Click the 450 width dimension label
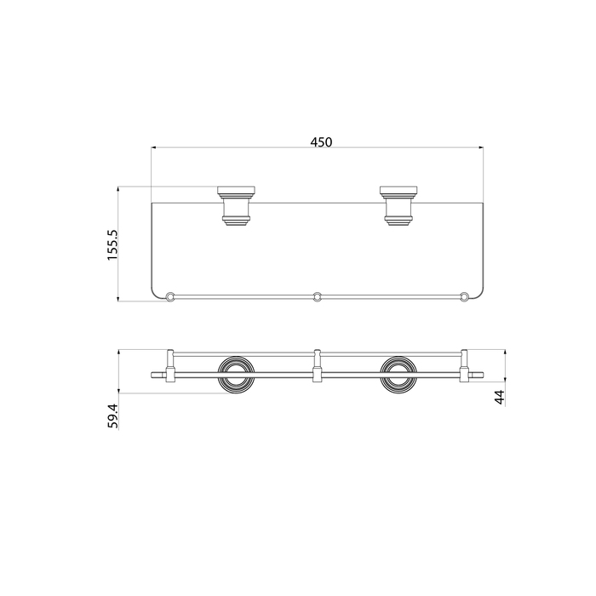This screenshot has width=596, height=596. tap(321, 142)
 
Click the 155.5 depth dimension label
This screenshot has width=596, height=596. tap(113, 245)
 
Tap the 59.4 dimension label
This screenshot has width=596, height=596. tap(113, 416)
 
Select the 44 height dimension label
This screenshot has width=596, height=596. tap(500, 398)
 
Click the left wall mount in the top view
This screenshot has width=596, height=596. tap(236, 206)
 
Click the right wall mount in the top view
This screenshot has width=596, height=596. tap(398, 206)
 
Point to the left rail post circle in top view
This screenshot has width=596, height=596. tap(170, 296)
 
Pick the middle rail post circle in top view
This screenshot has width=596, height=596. tap(317, 296)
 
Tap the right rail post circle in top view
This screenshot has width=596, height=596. tap(464, 296)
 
